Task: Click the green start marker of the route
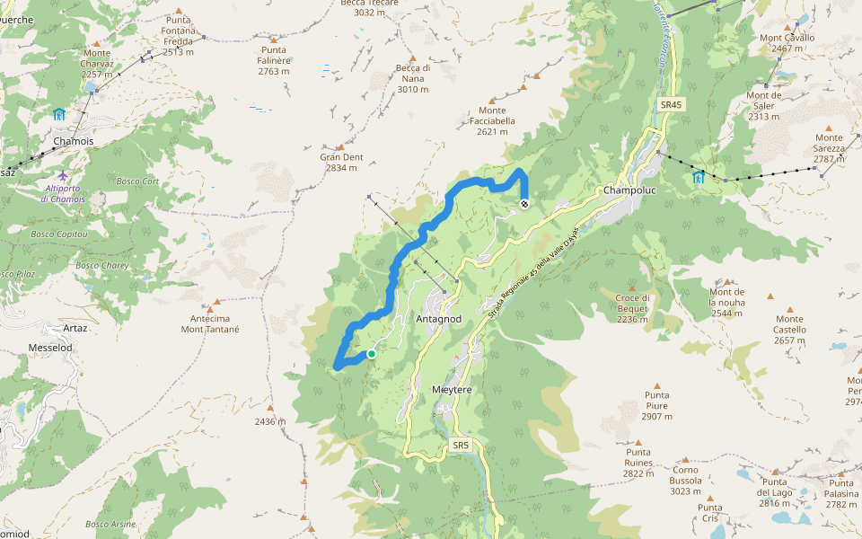[371, 354]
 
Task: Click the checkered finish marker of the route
[524, 205]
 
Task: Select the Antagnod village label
[439, 319]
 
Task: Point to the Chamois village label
[73, 142]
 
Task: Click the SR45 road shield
[671, 105]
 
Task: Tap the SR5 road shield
[461, 445]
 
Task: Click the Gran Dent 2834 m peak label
[341, 163]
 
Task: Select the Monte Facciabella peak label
[492, 121]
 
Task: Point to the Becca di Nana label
[413, 78]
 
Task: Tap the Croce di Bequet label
[632, 308]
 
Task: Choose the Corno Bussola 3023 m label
[685, 480]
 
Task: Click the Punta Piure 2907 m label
[656, 405]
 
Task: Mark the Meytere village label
[452, 390]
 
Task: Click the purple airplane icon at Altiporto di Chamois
[62, 174]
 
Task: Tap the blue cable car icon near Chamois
[59, 114]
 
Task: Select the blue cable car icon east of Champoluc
[699, 177]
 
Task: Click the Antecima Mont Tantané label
[216, 323]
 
